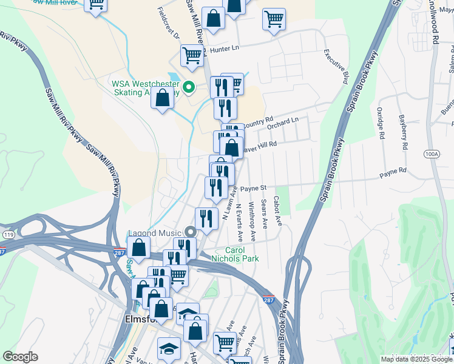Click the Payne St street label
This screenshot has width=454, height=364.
[254, 189]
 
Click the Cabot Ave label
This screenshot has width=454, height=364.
[277, 210]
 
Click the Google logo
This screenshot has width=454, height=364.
[20, 357]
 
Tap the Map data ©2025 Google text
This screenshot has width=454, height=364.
[416, 359]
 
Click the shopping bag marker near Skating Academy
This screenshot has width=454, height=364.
[163, 98]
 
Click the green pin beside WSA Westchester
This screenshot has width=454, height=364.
[189, 87]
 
